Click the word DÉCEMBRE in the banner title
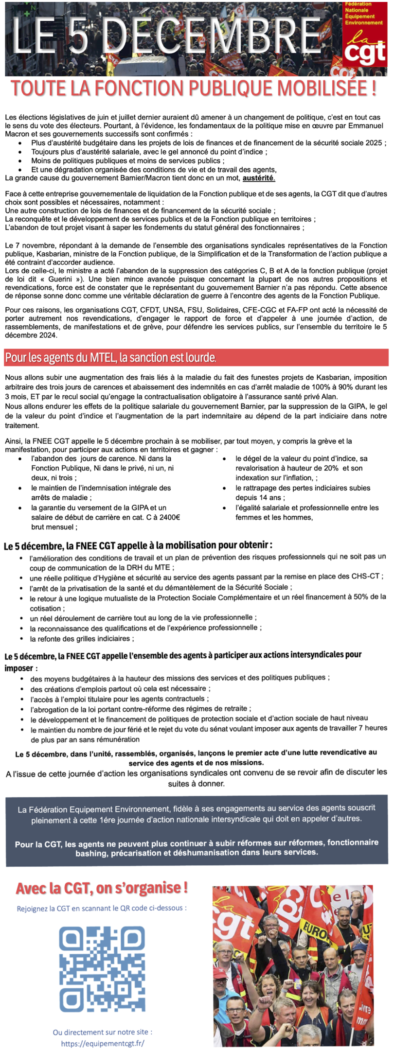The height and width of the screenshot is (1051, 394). [x=214, y=35]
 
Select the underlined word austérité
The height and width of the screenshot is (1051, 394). [x=259, y=178]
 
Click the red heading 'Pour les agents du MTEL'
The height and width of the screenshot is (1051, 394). [x=110, y=358]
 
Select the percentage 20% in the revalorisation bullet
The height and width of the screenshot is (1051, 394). [x=330, y=468]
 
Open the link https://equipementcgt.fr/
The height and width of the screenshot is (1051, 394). [x=102, y=1043]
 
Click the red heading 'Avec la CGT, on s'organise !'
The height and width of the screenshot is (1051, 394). [x=102, y=888]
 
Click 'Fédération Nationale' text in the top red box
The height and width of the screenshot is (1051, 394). [x=358, y=7]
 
